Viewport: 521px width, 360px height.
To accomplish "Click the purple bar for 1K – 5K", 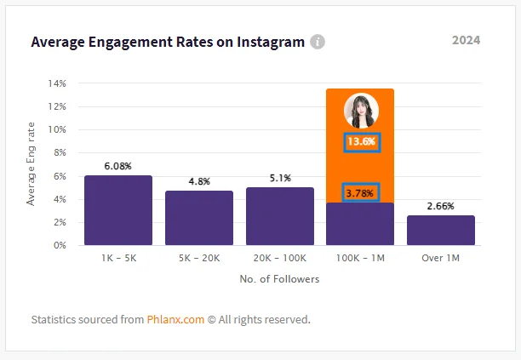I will (x=117, y=210).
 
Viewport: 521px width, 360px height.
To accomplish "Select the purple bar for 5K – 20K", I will (x=198, y=218).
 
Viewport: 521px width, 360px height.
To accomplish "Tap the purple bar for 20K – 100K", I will (x=279, y=216).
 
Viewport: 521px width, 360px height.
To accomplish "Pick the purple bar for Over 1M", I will (x=441, y=231).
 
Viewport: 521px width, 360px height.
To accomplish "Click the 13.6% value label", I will (x=361, y=141).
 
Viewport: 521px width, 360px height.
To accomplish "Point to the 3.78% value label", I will (x=361, y=193).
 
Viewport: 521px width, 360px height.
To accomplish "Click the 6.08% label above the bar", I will (x=117, y=166).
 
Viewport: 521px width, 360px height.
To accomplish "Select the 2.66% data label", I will (x=441, y=206).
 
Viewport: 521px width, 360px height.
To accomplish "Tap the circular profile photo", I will (x=360, y=111).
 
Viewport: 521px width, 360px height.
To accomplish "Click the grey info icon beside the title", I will (x=318, y=42).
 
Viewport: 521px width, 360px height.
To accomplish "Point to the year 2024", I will (x=466, y=40).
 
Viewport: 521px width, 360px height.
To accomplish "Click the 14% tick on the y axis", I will (x=58, y=84).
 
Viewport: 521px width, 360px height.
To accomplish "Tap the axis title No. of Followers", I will (x=279, y=280).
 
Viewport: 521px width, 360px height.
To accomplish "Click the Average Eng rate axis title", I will (x=31, y=164).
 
